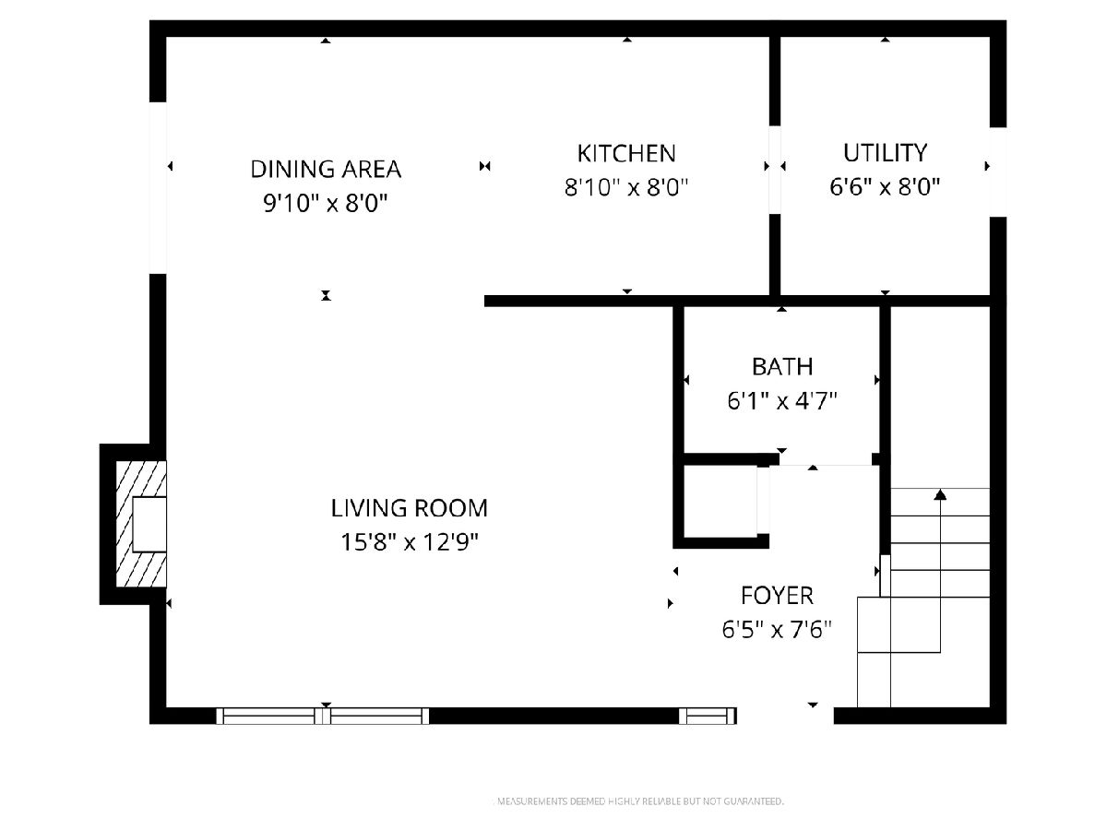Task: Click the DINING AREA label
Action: click(x=326, y=170)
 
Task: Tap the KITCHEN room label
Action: click(x=626, y=154)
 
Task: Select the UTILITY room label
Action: click(x=885, y=153)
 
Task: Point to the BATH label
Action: click(x=782, y=367)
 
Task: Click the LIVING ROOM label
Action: click(x=409, y=508)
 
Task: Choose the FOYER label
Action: click(x=777, y=596)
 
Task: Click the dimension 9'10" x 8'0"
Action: click(x=326, y=204)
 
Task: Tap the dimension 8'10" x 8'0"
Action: click(x=626, y=187)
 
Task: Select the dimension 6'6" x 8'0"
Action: click(x=885, y=187)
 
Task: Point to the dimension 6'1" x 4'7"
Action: click(x=782, y=401)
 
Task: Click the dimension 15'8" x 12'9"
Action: click(x=409, y=542)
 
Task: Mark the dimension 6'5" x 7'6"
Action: click(x=777, y=630)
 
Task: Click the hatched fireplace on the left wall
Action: click(x=141, y=524)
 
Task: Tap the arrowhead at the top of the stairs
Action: click(x=940, y=494)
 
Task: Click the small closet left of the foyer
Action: click(x=720, y=502)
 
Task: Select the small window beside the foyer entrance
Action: click(x=708, y=716)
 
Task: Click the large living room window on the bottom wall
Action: click(x=323, y=716)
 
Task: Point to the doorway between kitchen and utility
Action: click(x=775, y=170)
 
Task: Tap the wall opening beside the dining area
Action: click(x=158, y=188)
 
